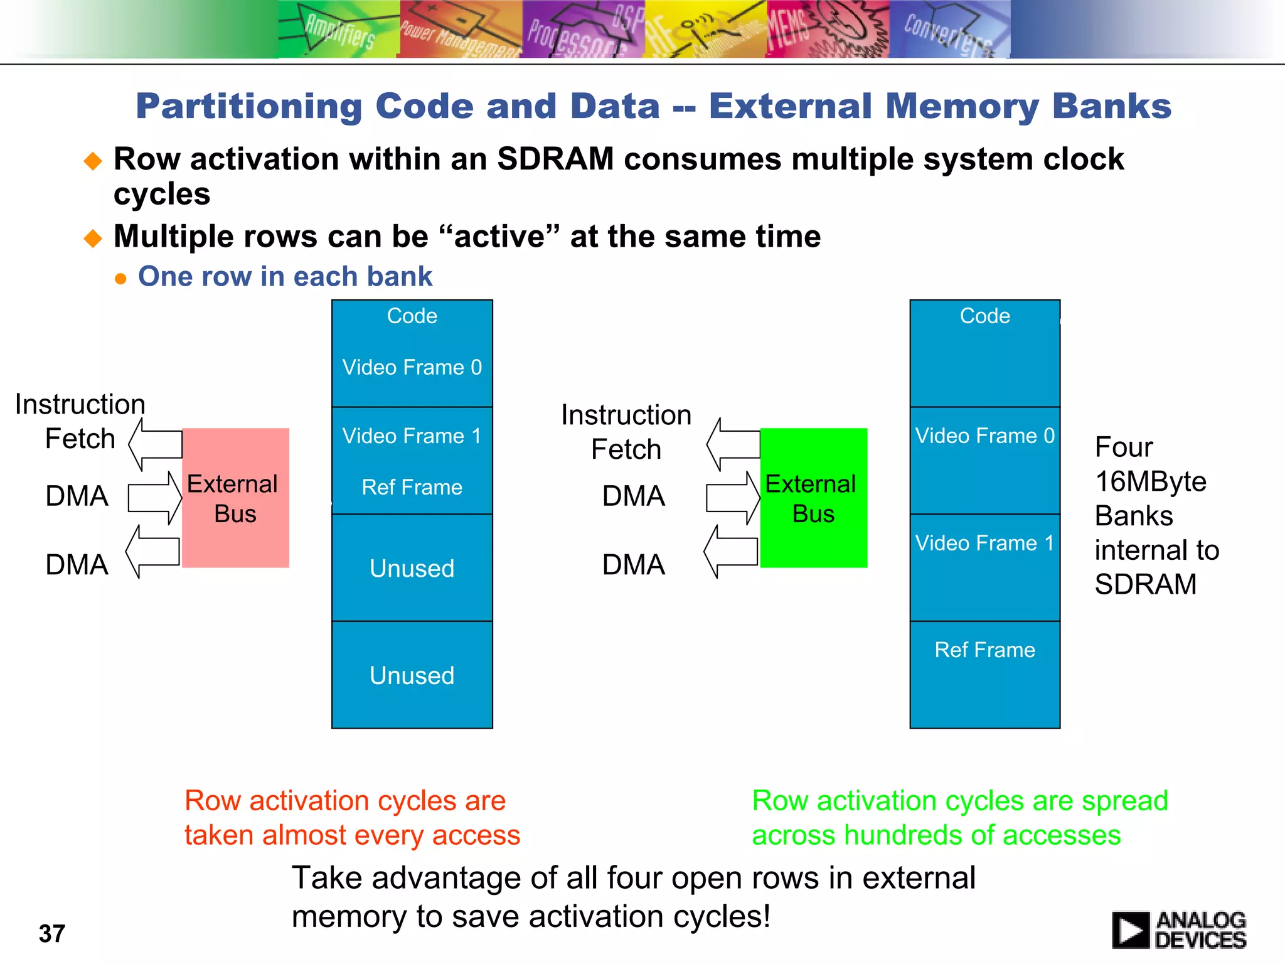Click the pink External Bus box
(235, 498)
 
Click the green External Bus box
(813, 498)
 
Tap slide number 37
(52, 933)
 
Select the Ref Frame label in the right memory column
(984, 650)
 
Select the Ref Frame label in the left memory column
(412, 487)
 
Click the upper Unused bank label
(412, 568)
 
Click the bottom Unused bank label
(412, 675)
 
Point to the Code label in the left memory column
(412, 316)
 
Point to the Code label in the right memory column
(984, 316)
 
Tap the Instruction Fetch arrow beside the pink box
(156, 444)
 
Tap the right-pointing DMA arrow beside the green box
(732, 498)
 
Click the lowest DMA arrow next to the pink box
(153, 552)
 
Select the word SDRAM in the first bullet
(555, 159)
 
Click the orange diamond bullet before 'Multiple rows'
(93, 238)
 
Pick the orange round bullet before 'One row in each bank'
(121, 279)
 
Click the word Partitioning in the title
(248, 106)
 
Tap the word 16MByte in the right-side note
(1150, 481)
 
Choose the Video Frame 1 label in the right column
(984, 543)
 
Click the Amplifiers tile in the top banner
(338, 29)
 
